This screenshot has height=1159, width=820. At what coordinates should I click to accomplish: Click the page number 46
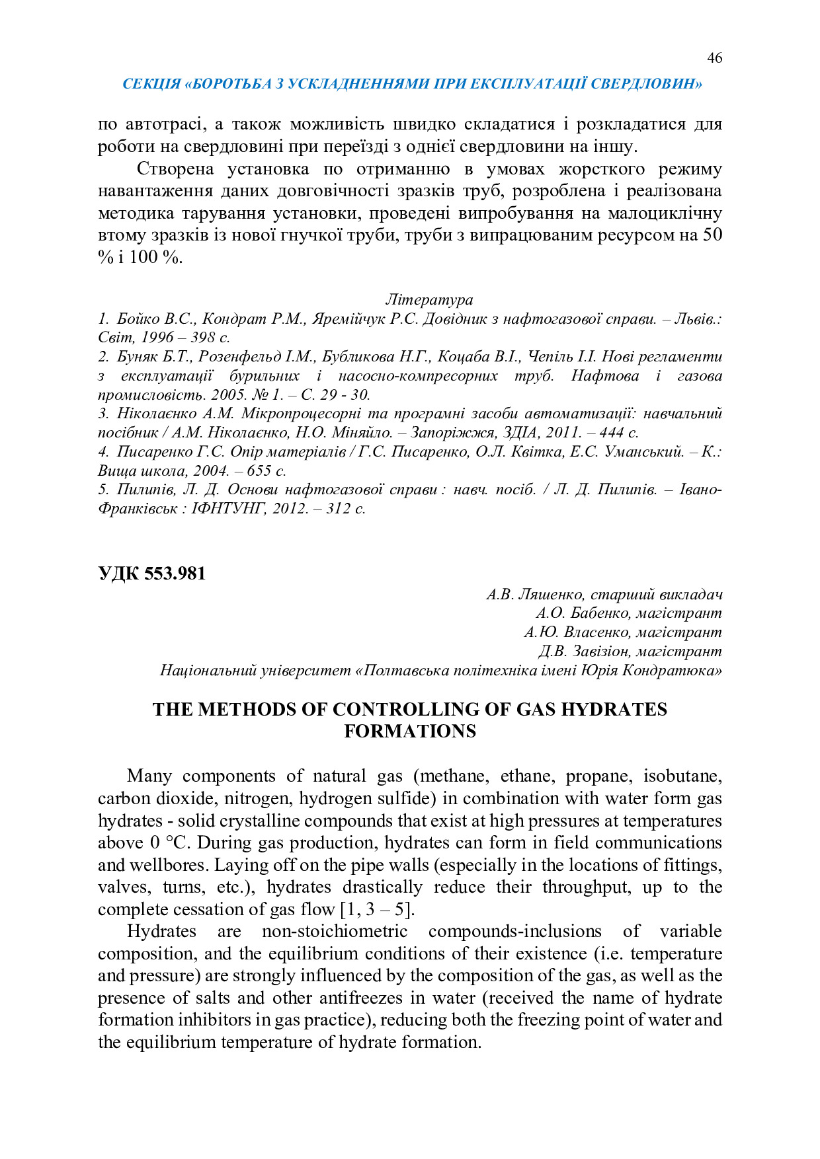tap(714, 58)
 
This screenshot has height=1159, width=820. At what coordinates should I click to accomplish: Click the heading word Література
tap(429, 300)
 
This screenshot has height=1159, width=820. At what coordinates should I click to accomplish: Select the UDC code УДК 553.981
tap(152, 574)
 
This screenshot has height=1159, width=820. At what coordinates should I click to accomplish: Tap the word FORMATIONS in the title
tap(410, 731)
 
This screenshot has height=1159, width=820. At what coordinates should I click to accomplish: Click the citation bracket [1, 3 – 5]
tap(377, 910)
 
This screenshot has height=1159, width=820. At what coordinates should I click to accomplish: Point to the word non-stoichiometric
tap(335, 932)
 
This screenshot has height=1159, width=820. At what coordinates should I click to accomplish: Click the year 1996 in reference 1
tap(157, 338)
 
